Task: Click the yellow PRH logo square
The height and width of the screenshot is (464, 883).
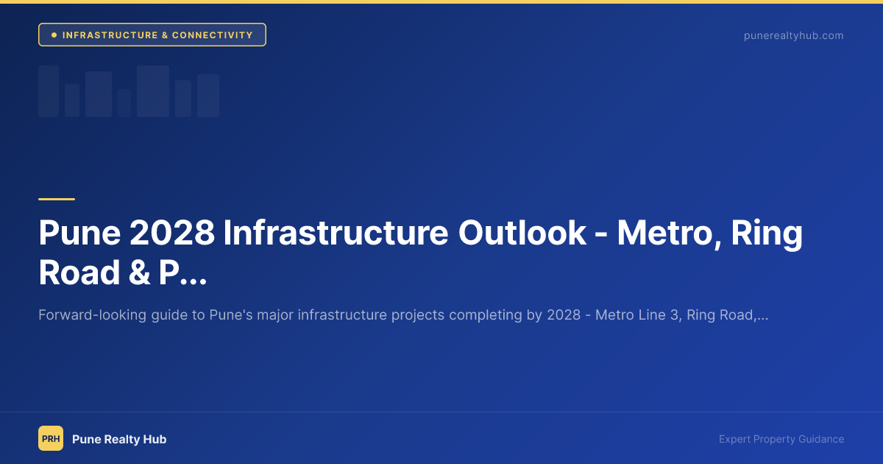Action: [51, 438]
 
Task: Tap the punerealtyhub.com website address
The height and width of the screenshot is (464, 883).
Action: [793, 35]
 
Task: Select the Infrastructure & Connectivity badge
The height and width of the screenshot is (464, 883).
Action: [152, 35]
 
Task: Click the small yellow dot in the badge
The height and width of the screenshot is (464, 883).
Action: [54, 35]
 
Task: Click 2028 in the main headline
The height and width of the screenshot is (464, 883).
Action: [171, 233]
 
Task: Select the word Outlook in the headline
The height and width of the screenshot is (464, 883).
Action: [522, 233]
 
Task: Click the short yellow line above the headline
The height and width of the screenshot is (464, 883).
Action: [57, 199]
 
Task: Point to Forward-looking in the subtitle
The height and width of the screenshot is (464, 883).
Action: [82, 315]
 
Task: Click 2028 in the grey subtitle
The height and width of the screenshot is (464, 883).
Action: [564, 315]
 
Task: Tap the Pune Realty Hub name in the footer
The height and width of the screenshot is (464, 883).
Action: [119, 439]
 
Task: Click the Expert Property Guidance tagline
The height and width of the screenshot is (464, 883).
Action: [781, 439]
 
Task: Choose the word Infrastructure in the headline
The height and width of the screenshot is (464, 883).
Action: [336, 233]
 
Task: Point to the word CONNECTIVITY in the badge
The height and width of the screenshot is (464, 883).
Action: [213, 35]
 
